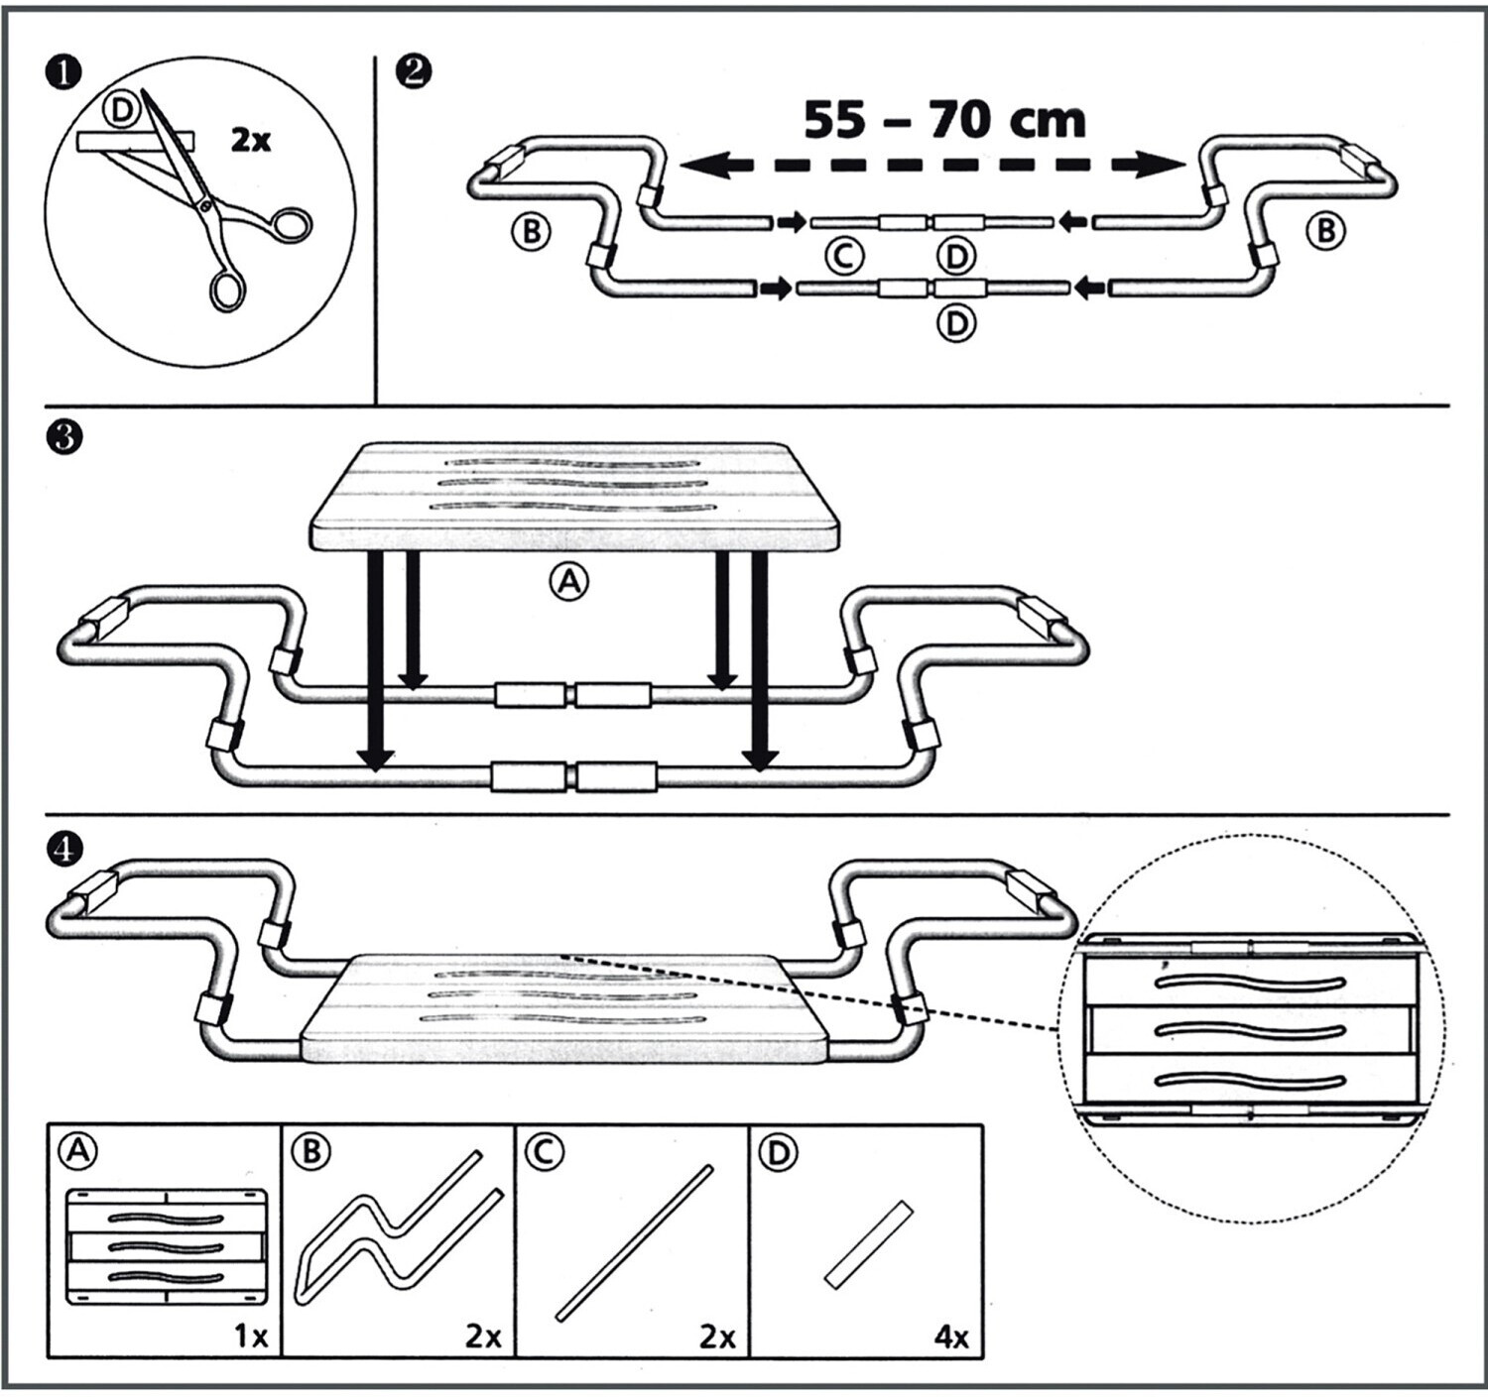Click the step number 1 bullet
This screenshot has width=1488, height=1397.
click(63, 74)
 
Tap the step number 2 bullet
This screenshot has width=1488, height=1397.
click(413, 71)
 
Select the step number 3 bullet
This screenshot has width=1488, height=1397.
click(64, 437)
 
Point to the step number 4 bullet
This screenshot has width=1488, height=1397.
click(64, 849)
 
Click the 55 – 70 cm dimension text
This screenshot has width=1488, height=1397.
click(943, 120)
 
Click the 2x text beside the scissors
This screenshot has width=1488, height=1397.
click(251, 140)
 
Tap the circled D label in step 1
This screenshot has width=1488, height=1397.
click(121, 111)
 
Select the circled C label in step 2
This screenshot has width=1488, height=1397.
click(843, 257)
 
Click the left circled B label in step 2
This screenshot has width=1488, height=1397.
click(531, 232)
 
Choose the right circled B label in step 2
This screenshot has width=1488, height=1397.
click(1325, 232)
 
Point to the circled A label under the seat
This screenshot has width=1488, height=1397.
click(569, 582)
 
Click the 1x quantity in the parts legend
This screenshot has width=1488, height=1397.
click(251, 1337)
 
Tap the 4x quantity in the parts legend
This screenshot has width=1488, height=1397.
click(951, 1338)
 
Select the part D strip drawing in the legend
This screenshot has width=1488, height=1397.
click(868, 1244)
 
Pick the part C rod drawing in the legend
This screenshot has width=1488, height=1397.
click(635, 1242)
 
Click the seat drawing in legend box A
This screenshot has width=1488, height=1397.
click(166, 1246)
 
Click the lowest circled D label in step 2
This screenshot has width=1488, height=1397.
click(956, 323)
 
